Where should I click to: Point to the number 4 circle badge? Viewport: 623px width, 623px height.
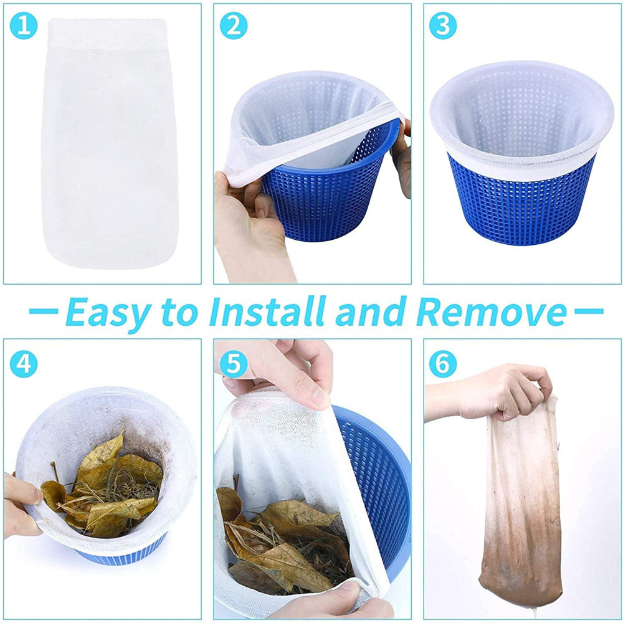23,363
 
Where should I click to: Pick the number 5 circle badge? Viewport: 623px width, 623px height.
233,363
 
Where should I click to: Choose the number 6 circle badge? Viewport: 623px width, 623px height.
443,363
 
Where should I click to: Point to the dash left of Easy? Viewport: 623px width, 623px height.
44,310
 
